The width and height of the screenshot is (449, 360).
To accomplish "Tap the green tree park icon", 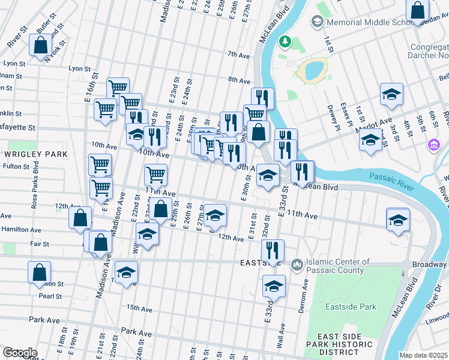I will tap(286, 41).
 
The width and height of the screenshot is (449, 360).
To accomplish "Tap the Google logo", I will tap(20, 353).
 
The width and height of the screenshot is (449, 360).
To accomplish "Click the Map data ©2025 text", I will tap(423, 355).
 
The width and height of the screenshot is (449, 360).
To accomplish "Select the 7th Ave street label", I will tap(238, 55).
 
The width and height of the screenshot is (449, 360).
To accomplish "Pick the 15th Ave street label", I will tap(139, 308).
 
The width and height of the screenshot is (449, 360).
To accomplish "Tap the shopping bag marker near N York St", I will tap(41, 45).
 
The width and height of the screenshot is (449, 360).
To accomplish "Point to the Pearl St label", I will tap(50, 296).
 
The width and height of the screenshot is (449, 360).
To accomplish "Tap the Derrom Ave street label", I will tap(303, 298).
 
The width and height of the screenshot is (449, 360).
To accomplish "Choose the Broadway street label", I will tap(431, 265).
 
